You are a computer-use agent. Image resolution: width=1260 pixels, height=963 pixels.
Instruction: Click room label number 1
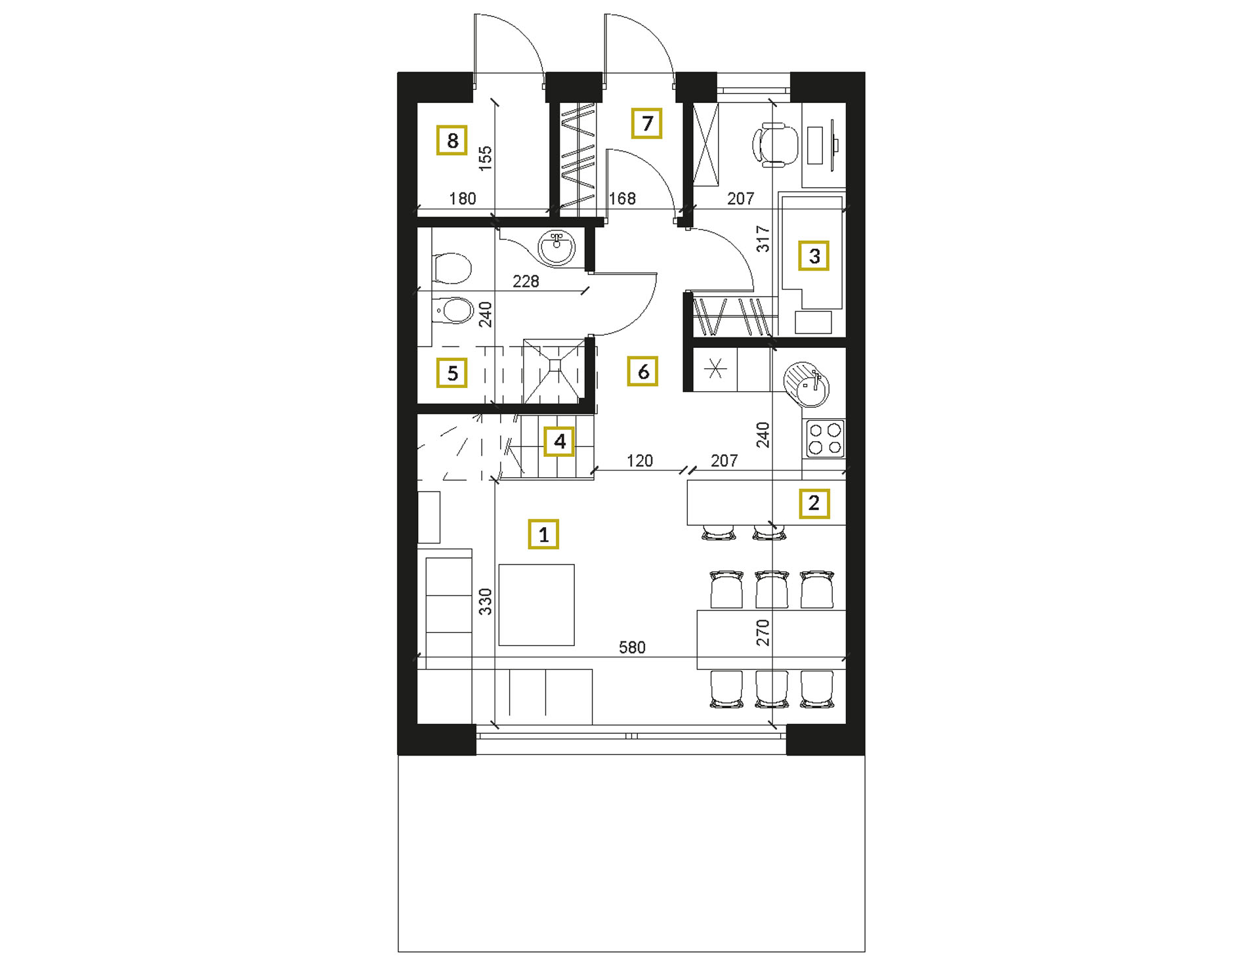(543, 534)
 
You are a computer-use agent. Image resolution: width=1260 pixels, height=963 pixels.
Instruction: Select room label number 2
(814, 503)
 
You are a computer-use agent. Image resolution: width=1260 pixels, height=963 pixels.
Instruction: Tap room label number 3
(814, 255)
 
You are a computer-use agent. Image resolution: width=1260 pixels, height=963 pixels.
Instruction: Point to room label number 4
(559, 441)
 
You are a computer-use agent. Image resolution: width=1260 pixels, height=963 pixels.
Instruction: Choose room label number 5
(452, 373)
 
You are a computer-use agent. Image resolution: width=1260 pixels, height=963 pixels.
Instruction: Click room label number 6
(643, 372)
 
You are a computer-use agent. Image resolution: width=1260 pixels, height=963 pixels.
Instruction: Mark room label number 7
(647, 123)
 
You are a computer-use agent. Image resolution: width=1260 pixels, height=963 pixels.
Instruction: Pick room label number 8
(452, 140)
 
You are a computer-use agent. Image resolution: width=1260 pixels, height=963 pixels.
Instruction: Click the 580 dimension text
(632, 648)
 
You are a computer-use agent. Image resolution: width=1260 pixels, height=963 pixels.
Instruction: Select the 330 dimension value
(485, 601)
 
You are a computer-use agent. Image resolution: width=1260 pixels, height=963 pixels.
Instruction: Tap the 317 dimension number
(763, 239)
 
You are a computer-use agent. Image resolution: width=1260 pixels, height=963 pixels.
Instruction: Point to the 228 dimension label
(526, 282)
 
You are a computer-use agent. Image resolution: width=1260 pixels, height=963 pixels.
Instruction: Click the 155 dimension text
(485, 158)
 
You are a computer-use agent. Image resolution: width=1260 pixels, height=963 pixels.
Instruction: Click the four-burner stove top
(825, 439)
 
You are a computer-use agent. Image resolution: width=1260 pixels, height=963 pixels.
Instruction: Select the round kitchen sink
(807, 384)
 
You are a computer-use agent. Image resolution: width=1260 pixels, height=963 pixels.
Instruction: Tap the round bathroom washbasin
(556, 247)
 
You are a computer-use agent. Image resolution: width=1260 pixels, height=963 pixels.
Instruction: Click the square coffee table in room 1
(536, 605)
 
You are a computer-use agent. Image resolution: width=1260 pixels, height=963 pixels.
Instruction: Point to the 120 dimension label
(639, 461)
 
